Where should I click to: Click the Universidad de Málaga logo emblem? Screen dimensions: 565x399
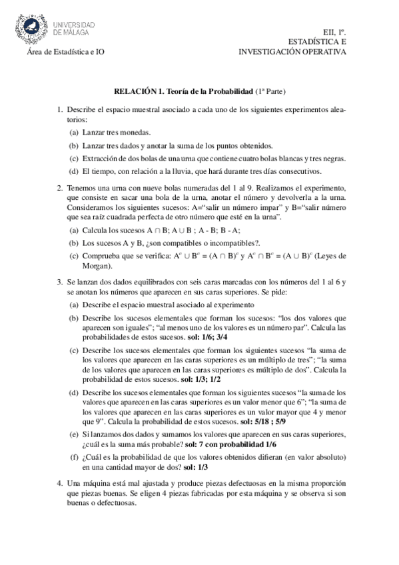pos(34,27)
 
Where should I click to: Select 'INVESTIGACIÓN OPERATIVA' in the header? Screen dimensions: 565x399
pos(293,51)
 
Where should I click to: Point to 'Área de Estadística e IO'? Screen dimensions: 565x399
pos(65,51)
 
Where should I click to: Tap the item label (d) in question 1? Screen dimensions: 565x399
pos(74,171)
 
